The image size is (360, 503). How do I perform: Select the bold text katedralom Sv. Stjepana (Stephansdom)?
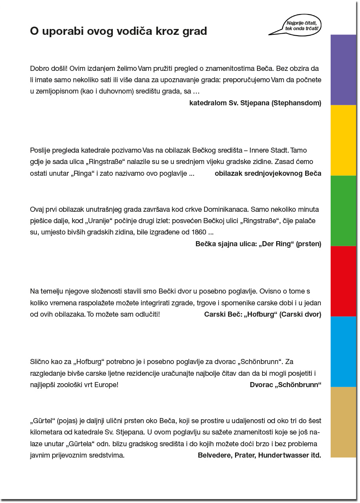click(255, 103)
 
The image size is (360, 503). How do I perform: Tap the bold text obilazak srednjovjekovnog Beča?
click(268, 173)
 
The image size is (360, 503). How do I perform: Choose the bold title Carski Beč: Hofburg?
click(262, 314)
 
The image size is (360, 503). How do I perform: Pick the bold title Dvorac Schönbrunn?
click(285, 385)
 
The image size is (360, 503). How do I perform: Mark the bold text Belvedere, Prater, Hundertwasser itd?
click(259, 455)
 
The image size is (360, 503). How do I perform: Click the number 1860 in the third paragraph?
click(199, 232)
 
